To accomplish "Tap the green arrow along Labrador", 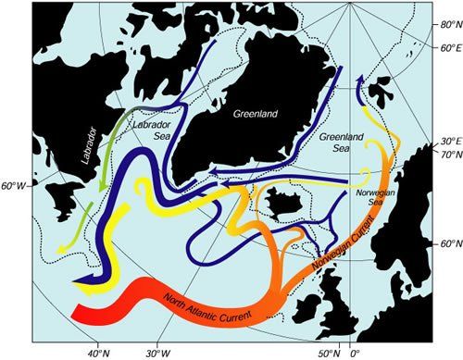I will pos(99,167).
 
